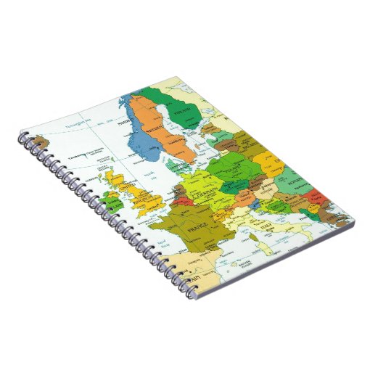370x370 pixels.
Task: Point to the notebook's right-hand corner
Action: click(356, 213)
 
